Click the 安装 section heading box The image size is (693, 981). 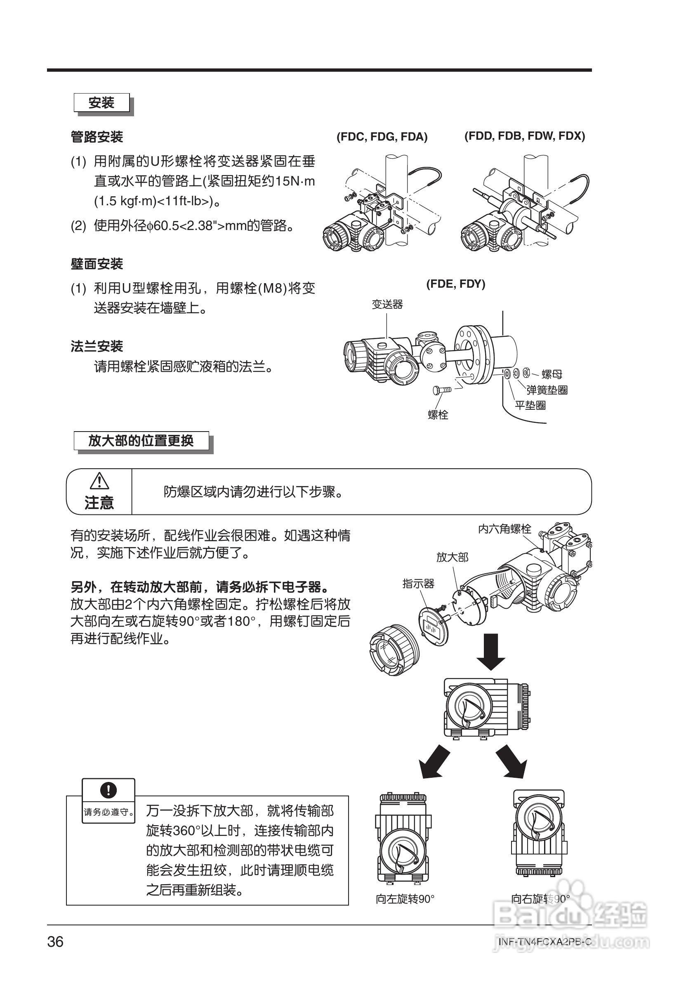[x=102, y=103]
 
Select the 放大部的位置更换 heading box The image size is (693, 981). [x=141, y=441]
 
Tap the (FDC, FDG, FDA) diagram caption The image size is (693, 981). [x=382, y=137]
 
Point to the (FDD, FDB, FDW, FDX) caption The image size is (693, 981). [x=525, y=136]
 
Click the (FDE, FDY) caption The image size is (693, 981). [x=455, y=284]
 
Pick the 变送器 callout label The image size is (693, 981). [x=387, y=304]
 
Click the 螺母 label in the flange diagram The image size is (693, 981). [x=552, y=374]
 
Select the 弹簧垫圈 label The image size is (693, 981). [x=547, y=390]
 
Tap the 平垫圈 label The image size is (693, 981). [x=530, y=405]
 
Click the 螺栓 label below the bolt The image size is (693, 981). [x=438, y=414]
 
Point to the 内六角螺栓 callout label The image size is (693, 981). [x=504, y=529]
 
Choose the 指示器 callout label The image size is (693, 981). [x=418, y=584]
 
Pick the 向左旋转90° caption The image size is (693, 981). [x=405, y=899]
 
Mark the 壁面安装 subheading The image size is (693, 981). [x=97, y=264]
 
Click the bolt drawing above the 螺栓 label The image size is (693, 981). [x=443, y=389]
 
